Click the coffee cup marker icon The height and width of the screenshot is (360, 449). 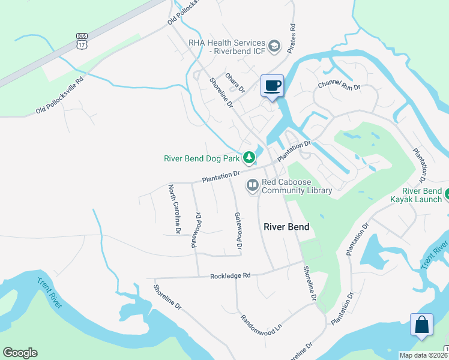point(272,85)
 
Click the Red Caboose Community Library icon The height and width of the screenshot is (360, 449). point(253,186)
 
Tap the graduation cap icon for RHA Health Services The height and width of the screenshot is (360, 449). point(274,46)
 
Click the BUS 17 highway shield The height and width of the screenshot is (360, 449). point(82,40)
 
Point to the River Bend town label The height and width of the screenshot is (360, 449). point(287,227)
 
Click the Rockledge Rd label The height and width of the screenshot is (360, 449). point(230,276)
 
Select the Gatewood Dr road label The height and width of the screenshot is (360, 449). point(238,231)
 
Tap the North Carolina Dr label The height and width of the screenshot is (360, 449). point(174,209)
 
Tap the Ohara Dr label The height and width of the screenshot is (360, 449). point(235,82)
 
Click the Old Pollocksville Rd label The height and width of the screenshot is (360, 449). point(59,95)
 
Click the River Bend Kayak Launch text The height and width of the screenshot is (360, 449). point(415,194)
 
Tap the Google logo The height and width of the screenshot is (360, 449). point(20,353)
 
